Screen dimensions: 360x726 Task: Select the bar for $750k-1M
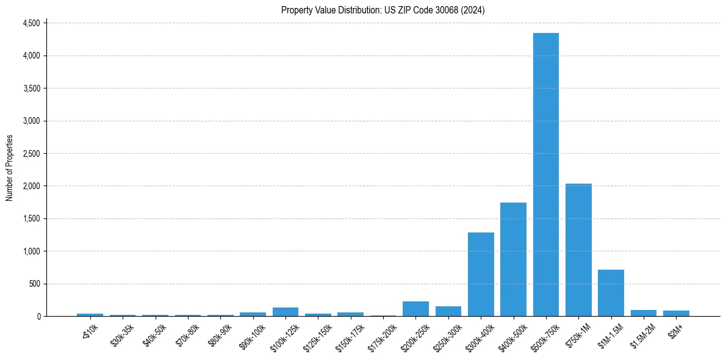click(578, 250)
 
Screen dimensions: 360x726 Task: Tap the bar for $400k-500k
click(513, 259)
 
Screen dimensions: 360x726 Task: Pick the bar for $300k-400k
click(481, 275)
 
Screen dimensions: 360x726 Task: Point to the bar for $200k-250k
click(415, 309)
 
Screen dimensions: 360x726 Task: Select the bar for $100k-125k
click(286, 312)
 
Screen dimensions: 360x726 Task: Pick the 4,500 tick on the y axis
click(31, 23)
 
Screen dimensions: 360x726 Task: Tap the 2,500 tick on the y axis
click(31, 153)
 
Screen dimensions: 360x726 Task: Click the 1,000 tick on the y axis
click(31, 251)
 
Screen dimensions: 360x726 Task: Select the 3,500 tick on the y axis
click(31, 88)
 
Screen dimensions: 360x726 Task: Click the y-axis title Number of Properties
click(10, 168)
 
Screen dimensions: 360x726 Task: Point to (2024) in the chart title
click(474, 10)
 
